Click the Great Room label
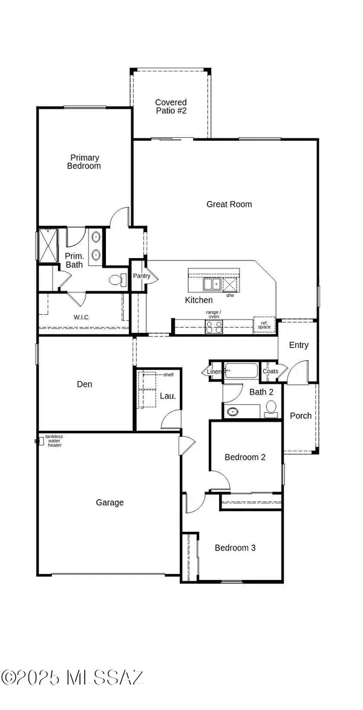click(229, 204)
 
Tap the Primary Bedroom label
click(83, 162)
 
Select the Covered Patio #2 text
click(171, 107)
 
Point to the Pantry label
click(141, 276)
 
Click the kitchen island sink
click(211, 284)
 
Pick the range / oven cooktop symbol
click(214, 327)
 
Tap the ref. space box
click(264, 324)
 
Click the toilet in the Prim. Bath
click(117, 280)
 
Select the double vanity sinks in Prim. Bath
click(96, 246)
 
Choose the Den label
click(84, 384)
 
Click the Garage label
click(110, 502)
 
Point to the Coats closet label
click(270, 372)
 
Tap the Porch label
click(301, 415)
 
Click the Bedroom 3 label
click(235, 548)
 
